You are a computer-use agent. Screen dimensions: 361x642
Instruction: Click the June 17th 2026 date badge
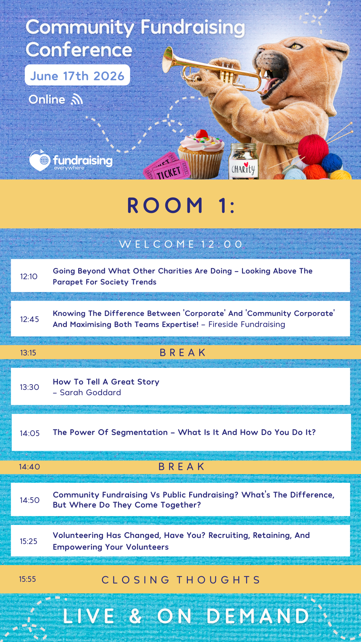[77, 75]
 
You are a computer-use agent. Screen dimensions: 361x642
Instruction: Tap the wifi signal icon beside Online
[77, 99]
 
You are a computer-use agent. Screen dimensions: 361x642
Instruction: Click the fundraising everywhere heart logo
[40, 160]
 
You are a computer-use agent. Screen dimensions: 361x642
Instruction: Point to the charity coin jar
[243, 162]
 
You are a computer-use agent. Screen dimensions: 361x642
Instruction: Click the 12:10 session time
[29, 277]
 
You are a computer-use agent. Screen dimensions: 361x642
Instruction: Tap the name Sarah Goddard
[90, 393]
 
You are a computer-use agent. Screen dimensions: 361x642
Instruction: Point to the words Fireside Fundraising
[247, 324]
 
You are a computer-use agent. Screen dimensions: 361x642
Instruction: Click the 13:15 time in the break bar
[28, 353]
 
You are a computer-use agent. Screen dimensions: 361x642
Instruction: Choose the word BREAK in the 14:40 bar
[182, 466]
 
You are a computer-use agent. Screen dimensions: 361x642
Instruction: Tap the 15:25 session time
[28, 541]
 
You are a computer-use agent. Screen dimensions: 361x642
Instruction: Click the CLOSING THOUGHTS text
[181, 580]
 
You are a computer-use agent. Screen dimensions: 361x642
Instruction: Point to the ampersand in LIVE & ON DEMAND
[135, 616]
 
